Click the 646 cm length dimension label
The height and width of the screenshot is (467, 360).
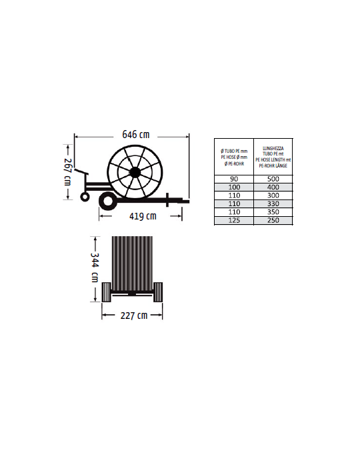pyautogui.click(x=136, y=135)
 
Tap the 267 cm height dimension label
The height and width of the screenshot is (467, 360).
pyautogui.click(x=68, y=172)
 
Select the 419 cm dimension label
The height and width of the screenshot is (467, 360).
pyautogui.click(x=143, y=216)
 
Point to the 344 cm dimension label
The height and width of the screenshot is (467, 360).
pyautogui.click(x=95, y=267)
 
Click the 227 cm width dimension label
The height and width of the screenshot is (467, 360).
pyautogui.click(x=134, y=316)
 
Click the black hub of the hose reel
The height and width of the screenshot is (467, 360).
pyautogui.click(x=135, y=172)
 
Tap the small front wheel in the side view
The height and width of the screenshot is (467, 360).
pyautogui.click(x=85, y=197)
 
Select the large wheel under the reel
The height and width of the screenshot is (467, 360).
pyautogui.click(x=108, y=201)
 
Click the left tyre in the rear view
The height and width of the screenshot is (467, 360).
pyautogui.click(x=106, y=292)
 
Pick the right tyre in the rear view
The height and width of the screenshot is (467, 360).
pyautogui.click(x=158, y=292)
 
